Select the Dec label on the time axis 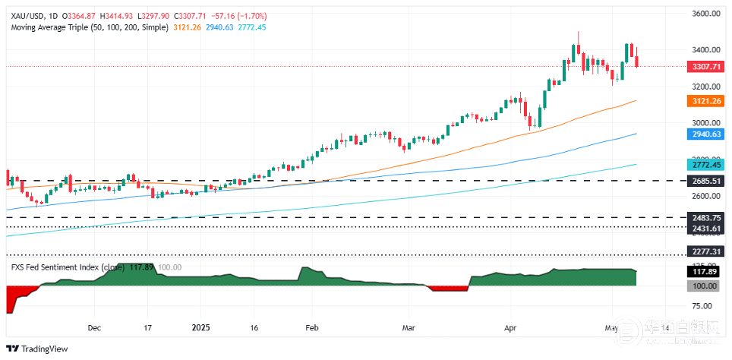94,329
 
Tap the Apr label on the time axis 510,329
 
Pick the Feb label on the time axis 311,329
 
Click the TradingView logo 38,349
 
